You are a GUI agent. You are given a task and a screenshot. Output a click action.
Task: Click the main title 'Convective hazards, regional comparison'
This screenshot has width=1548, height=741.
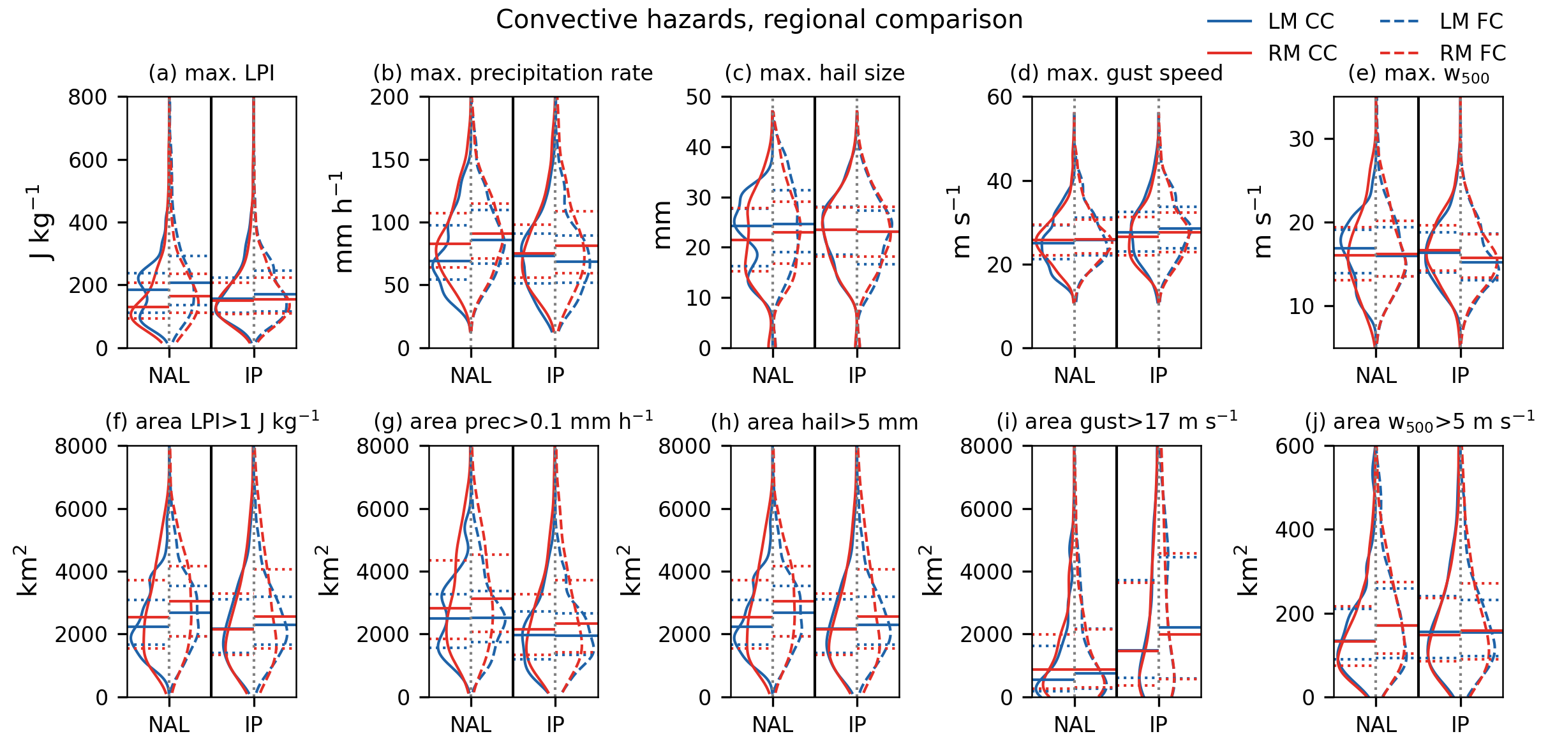coord(759,20)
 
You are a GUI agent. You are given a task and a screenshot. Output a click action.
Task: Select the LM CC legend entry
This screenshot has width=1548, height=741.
coord(1300,22)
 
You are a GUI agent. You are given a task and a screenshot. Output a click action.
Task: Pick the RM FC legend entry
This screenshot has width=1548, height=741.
coord(1472,53)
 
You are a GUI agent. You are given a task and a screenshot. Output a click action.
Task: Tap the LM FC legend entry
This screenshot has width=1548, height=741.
coord(1471,22)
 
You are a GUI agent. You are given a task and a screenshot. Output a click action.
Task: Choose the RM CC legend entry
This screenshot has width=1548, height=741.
coord(1302,53)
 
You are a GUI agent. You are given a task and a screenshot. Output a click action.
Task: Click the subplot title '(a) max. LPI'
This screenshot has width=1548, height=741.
coord(211,73)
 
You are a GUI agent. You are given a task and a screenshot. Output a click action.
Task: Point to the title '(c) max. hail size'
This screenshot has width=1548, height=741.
coord(814,73)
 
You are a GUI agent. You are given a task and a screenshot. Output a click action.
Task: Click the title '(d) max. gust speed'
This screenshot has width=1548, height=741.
coord(1116,73)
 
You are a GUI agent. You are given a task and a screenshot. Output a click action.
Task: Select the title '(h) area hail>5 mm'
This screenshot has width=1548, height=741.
coord(814,422)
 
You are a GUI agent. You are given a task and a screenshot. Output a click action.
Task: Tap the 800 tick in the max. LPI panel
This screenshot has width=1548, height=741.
coord(88,97)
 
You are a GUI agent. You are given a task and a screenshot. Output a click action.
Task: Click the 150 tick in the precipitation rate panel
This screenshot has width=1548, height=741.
coord(390,160)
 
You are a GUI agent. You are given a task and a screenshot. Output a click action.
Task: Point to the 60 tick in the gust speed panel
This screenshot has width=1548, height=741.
coord(999,97)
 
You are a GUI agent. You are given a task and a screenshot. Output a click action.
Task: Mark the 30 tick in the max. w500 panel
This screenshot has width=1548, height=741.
coord(1301,139)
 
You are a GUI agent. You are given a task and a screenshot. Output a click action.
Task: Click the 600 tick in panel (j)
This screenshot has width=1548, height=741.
coord(1295,445)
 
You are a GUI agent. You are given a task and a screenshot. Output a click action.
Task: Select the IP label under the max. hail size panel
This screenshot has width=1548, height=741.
coord(857,375)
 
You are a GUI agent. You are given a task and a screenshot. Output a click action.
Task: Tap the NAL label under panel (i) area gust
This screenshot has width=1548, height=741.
coord(1075,724)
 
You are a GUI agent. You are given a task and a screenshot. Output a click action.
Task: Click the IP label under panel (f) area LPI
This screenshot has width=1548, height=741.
coord(253,724)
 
